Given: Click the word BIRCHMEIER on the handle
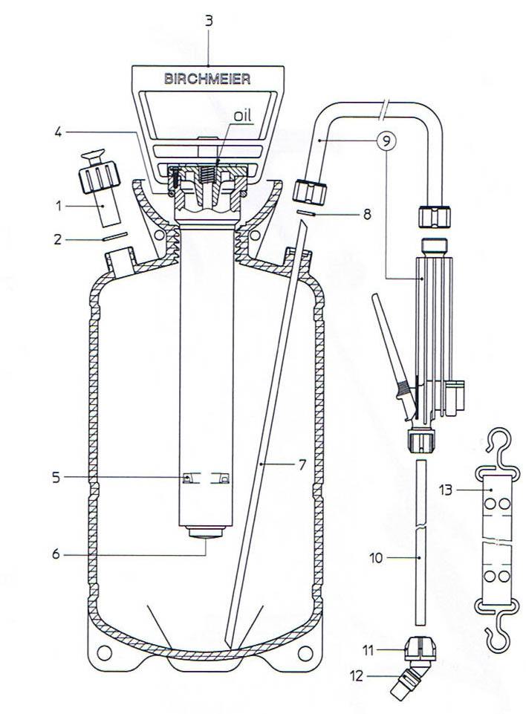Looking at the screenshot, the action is (207, 79).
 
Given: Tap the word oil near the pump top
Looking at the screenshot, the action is (242, 115).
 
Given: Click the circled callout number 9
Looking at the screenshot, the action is (386, 141).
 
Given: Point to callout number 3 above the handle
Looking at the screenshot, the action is (208, 22).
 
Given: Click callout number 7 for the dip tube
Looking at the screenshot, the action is (302, 464).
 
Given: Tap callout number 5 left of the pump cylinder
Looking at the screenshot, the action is (56, 478).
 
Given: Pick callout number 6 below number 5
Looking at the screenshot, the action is (56, 554).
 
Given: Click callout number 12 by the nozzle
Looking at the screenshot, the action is (357, 676).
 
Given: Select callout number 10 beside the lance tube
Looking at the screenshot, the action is (376, 558).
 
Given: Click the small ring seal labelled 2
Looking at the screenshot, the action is (114, 237).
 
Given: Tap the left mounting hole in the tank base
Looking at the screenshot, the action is (104, 652).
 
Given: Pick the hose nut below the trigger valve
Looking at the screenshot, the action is (421, 441).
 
